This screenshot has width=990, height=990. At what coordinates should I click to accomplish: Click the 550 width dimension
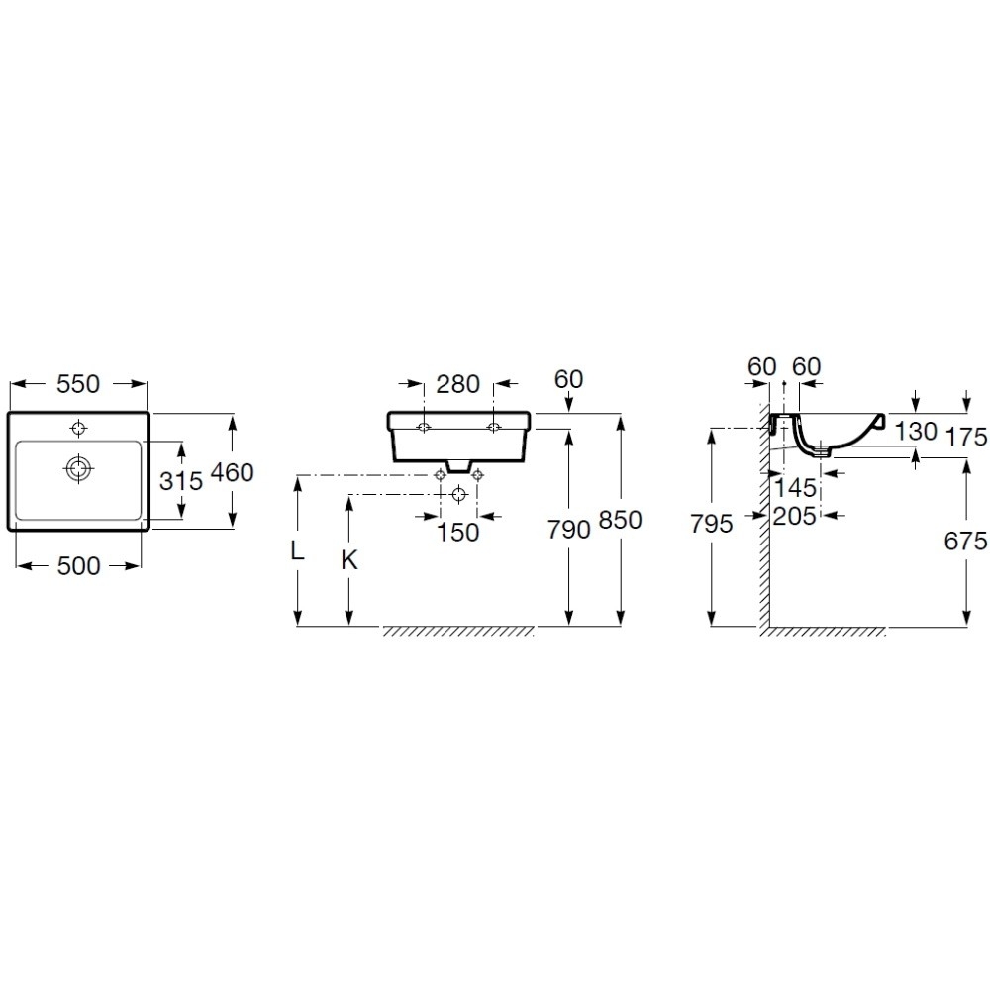tap(78, 384)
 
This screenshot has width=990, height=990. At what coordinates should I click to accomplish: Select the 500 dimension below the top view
tap(79, 566)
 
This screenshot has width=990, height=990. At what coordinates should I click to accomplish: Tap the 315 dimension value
tap(181, 481)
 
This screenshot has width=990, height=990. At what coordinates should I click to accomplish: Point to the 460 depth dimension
tap(232, 472)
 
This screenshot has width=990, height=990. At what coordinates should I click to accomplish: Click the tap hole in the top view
tap(79, 428)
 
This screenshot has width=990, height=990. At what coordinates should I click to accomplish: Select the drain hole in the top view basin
tap(79, 468)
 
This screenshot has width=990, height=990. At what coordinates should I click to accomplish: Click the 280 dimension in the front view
tap(458, 384)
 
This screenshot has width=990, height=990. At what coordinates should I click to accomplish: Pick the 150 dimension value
tap(458, 533)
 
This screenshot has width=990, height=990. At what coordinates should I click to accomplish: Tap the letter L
tap(297, 551)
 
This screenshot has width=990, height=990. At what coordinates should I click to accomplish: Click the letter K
tap(349, 560)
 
